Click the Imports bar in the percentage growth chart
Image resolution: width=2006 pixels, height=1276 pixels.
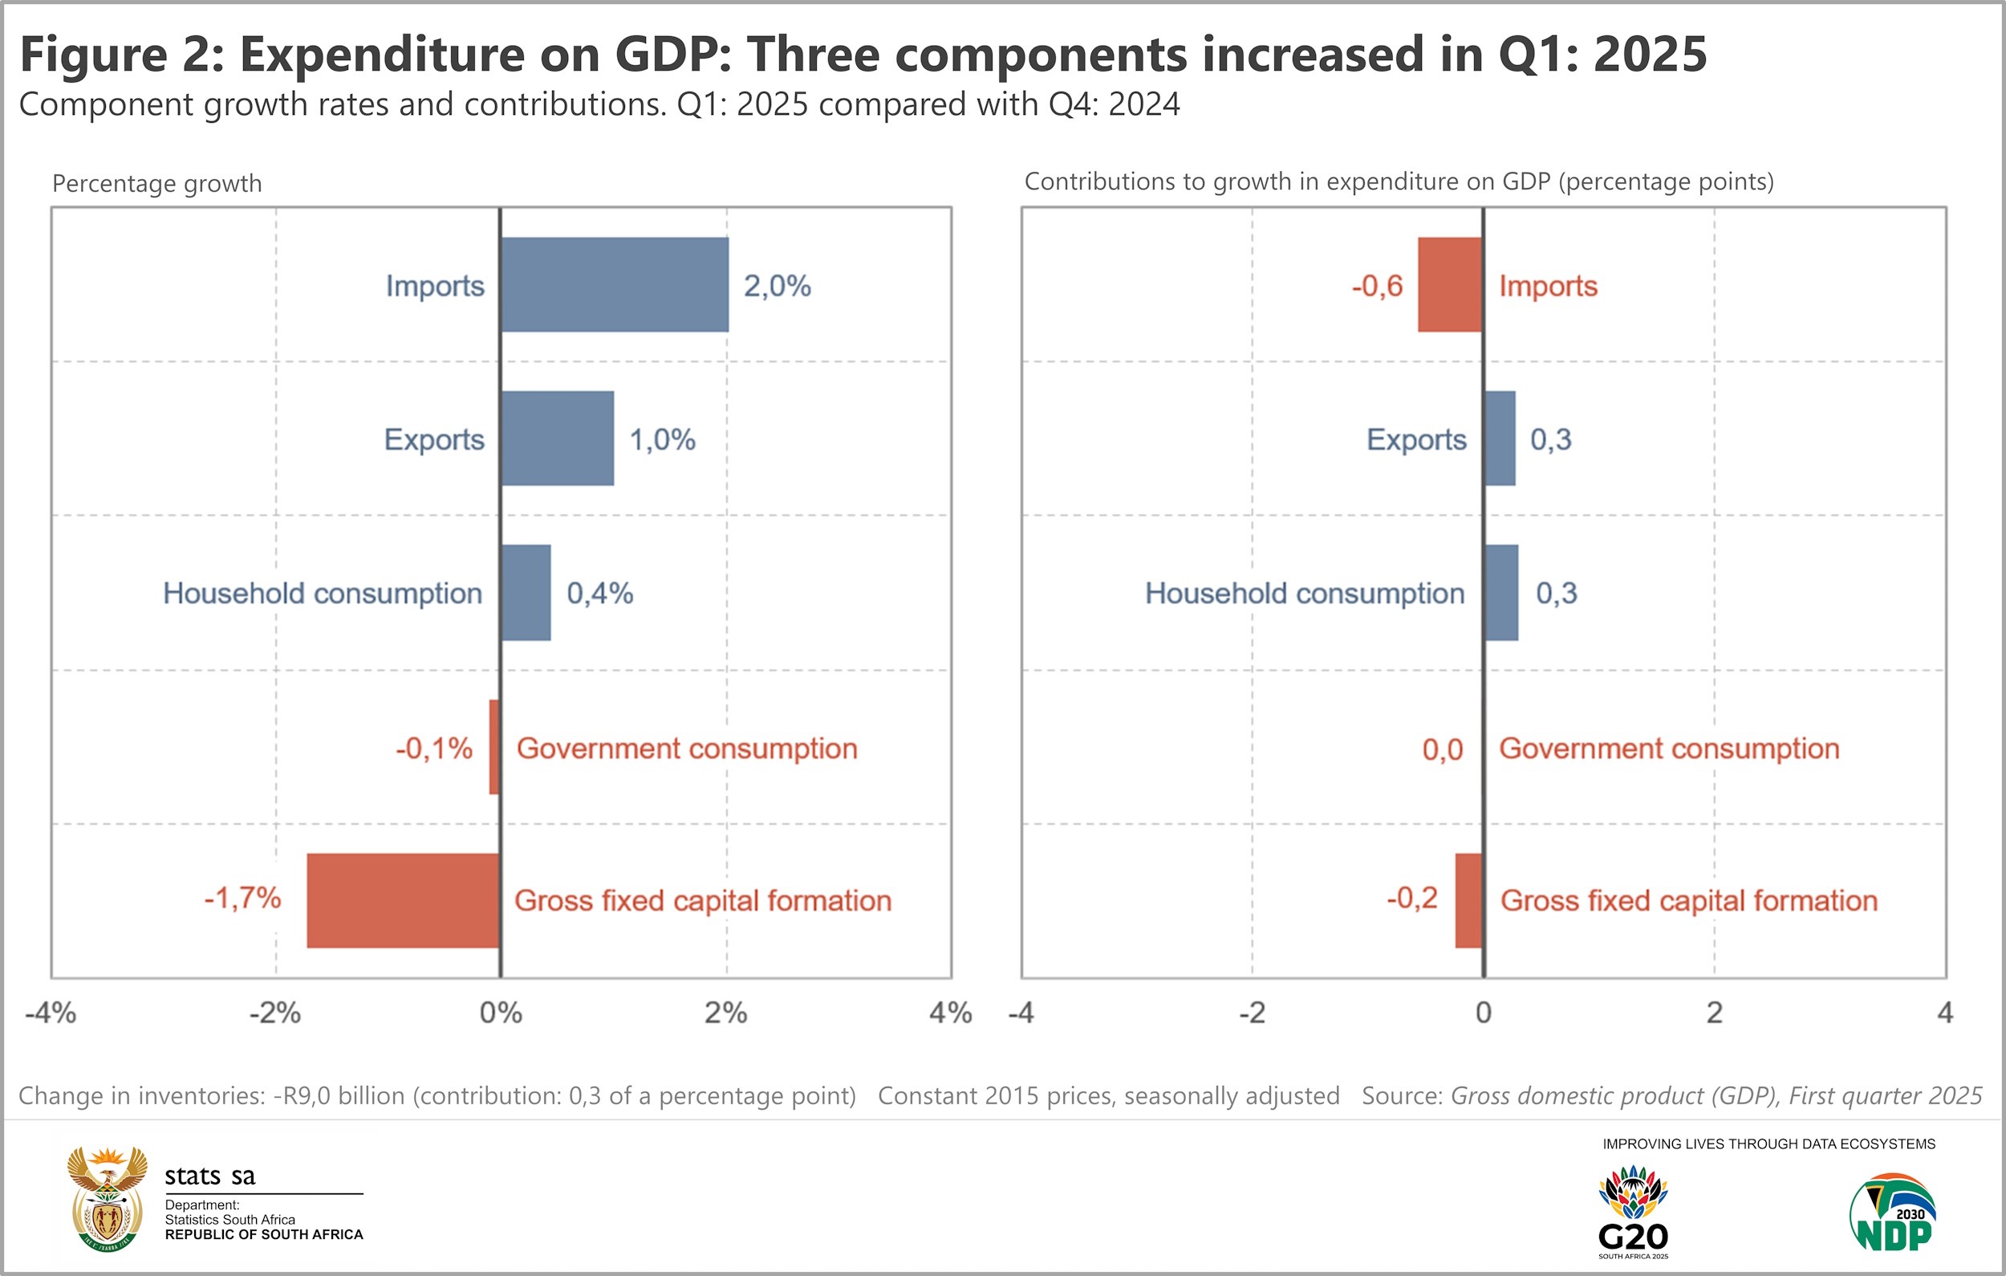coord(614,284)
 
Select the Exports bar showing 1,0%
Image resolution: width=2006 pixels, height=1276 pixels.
coord(558,438)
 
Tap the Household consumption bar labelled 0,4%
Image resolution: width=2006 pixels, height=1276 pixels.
coord(526,593)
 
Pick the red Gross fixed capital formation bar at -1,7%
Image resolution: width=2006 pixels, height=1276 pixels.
coord(403,900)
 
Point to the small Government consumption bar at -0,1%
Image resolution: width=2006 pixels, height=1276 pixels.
coord(494,747)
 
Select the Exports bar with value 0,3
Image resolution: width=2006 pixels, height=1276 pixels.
coord(1500,438)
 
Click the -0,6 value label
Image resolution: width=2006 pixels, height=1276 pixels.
coord(1376,286)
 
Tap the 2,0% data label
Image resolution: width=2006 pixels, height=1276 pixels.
coord(777,286)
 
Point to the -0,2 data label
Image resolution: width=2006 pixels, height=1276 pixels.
coord(1411,898)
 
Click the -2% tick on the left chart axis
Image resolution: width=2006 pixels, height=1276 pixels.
coord(275,1013)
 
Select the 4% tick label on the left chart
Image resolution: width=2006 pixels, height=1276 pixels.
coord(950,1013)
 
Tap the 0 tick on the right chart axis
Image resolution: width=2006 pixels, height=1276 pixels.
coord(1483,1013)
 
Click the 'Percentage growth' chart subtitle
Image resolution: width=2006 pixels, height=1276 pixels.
coord(156,183)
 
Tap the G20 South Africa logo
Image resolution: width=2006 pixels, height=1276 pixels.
coord(1633,1213)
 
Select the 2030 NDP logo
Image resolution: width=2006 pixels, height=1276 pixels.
coord(1893,1213)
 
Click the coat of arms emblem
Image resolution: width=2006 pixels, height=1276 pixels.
coord(108,1198)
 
